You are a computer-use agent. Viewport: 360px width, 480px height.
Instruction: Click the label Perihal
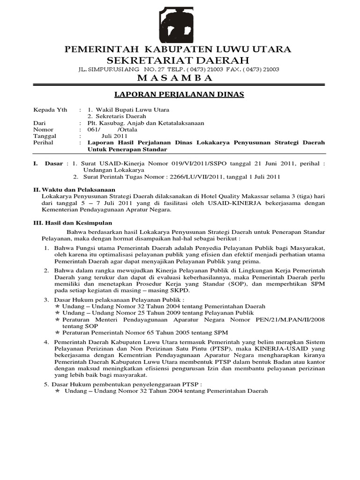[x=43, y=142]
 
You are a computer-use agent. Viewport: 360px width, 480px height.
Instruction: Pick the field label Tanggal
[x=45, y=136]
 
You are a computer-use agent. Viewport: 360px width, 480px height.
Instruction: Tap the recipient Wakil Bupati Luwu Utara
[x=132, y=110]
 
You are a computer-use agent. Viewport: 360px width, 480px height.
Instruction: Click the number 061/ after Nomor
[x=95, y=129]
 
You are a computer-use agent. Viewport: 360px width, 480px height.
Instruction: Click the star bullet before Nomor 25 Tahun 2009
[x=58, y=313]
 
